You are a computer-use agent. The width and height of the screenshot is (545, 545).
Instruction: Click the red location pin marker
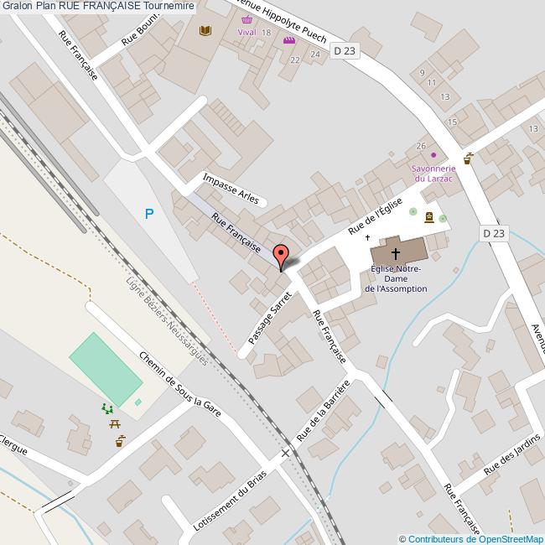coord(281,255)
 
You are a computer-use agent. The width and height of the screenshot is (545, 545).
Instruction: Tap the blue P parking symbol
coord(149,214)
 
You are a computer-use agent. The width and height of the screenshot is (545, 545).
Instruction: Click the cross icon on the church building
coord(396,252)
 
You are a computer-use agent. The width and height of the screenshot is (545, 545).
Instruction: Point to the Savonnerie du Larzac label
coord(433,174)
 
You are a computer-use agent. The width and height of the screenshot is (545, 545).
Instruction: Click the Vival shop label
coord(246,32)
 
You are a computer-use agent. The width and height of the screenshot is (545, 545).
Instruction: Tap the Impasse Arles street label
coord(231,188)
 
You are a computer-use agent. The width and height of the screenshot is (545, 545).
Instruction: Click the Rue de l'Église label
coord(376,215)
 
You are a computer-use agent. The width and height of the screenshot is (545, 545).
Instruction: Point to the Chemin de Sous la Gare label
coord(179,384)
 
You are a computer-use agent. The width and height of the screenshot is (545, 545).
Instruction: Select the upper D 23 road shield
coord(344,51)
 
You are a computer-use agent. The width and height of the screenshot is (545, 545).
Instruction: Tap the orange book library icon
coord(205,32)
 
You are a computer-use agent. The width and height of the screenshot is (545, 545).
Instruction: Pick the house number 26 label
coord(421,146)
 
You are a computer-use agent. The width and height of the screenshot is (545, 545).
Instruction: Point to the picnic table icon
coord(115,424)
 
